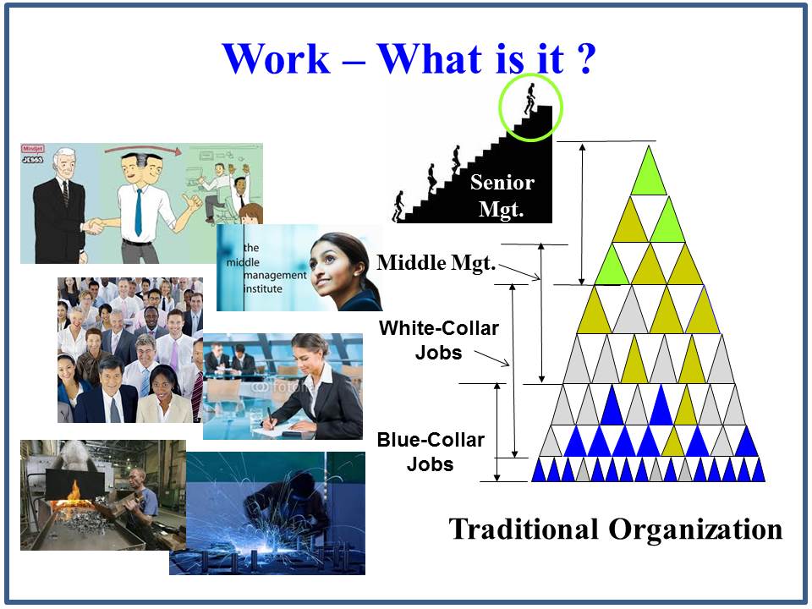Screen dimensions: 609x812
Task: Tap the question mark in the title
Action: click(579, 59)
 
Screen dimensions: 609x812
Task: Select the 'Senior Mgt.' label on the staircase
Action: click(502, 196)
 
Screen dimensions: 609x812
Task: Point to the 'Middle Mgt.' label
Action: click(436, 262)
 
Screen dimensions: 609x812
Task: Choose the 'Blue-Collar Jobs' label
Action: click(430, 452)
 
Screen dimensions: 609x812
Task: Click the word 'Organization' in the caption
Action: click(695, 529)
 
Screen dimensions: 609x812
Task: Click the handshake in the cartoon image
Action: click(95, 225)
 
